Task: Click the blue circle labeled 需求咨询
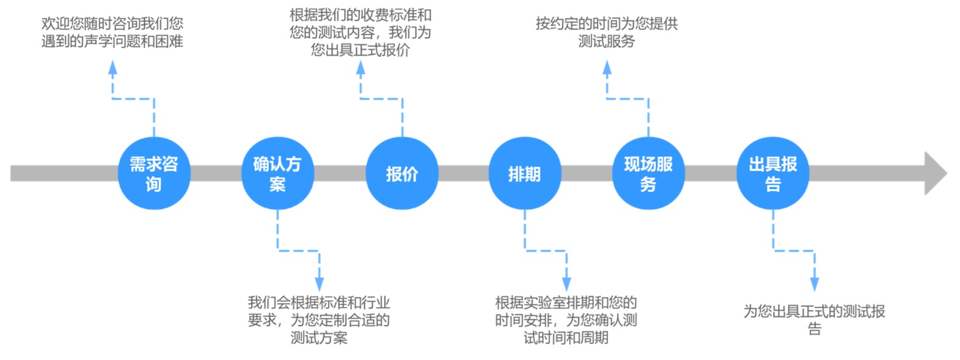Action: (154, 174)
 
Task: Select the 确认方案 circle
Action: (277, 174)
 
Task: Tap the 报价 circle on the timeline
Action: (402, 174)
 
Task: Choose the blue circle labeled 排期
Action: (524, 174)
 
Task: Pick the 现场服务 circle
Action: (648, 174)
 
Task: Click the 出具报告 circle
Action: (772, 174)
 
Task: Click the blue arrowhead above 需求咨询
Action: (113, 68)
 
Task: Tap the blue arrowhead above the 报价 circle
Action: (361, 68)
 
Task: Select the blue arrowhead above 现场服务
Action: (607, 68)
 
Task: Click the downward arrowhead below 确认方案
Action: (319, 283)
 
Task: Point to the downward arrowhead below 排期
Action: (566, 283)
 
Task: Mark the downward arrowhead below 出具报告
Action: (814, 283)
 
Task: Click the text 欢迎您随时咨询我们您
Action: (113, 24)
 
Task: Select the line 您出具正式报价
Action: (361, 50)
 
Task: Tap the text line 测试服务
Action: (607, 41)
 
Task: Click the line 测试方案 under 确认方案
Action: (319, 338)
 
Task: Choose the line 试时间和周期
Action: (566, 338)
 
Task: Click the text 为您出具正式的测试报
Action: (814, 312)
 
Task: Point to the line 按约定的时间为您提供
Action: (607, 24)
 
